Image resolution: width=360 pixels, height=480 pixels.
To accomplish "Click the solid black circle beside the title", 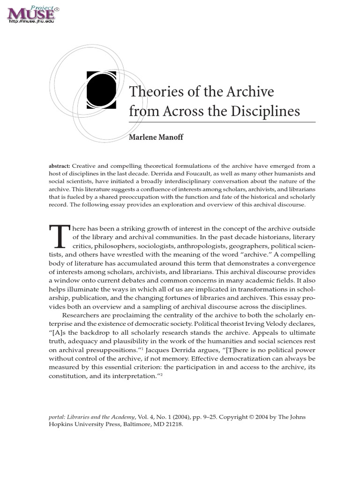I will (101, 90).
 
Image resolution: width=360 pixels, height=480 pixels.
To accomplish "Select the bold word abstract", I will (60, 166).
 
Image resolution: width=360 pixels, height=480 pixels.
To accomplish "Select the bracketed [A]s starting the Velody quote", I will (59, 332).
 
